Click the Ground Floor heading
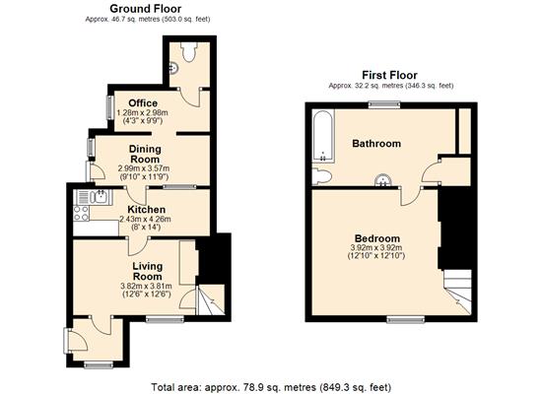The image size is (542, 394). click(145, 9)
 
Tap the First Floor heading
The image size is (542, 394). click(389, 75)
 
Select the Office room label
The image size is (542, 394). click(143, 103)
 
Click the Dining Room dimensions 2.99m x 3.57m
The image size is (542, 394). click(144, 169)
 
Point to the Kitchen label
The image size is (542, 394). click(146, 210)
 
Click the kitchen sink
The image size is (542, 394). click(101, 197)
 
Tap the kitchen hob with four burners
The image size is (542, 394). click(81, 213)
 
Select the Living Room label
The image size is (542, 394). click(148, 271)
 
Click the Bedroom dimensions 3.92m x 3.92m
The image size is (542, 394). click(376, 247)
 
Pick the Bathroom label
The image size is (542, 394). click(376, 144)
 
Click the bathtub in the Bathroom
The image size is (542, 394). click(323, 136)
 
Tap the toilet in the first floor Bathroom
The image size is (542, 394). click(321, 176)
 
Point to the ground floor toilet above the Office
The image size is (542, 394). click(189, 52)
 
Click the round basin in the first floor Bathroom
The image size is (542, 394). click(383, 180)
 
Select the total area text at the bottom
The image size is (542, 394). click(271, 387)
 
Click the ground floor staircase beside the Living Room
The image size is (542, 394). click(210, 299)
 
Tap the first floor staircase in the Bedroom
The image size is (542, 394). click(457, 292)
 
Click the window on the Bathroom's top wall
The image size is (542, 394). click(384, 104)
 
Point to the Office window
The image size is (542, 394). click(110, 107)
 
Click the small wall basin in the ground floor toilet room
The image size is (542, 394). click(174, 68)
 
